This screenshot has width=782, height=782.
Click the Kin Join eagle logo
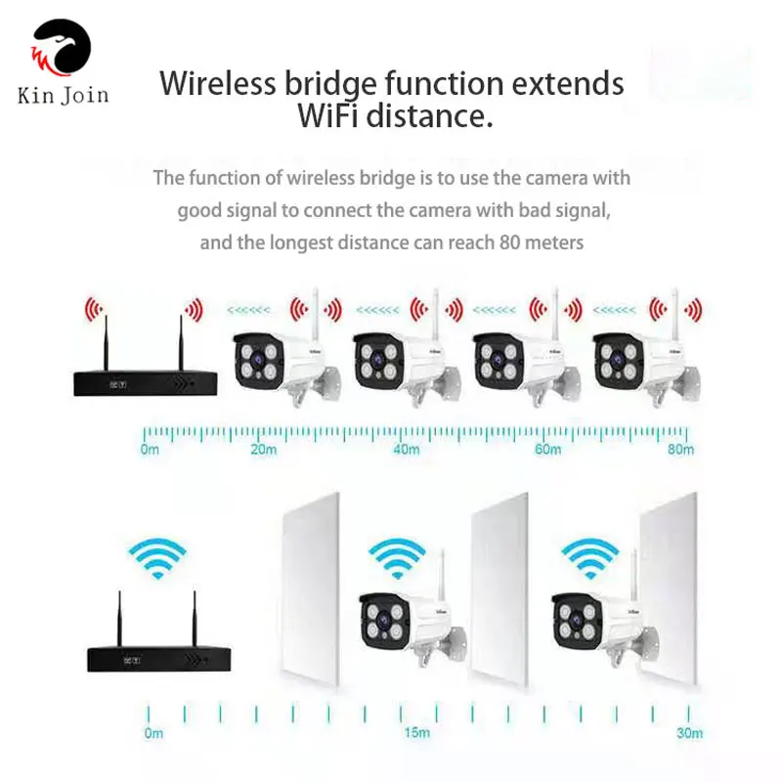62,47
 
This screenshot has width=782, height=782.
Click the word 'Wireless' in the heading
217,83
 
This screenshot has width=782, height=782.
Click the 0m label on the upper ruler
150,450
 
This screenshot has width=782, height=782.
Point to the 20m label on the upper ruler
263,450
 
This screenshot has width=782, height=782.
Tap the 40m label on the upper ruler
406,450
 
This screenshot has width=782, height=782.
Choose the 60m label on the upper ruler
547,450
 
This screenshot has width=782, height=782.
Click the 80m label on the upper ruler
680,450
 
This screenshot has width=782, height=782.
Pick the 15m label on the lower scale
417,732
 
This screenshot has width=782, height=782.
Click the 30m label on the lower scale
690,732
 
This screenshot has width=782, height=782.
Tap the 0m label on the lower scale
153,732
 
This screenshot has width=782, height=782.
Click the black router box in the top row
145,383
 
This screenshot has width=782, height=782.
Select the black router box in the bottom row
158,659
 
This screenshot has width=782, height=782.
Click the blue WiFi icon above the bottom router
157,558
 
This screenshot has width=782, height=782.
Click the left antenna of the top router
106,344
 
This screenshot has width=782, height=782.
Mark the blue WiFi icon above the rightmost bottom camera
590,558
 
